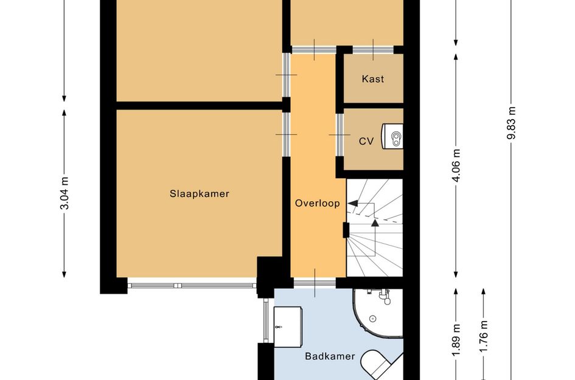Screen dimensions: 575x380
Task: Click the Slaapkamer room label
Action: click(199, 193)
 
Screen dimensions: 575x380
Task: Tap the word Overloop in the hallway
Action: click(318, 203)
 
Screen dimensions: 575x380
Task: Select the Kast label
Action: click(372, 79)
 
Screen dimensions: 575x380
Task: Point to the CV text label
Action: click(366, 141)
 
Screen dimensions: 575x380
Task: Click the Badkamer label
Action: click(330, 356)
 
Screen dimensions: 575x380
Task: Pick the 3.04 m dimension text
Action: click(64, 193)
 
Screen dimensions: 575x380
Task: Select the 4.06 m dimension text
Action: click(456, 165)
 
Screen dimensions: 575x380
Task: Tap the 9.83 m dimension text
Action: click(512, 123)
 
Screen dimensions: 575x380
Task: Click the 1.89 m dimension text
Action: click(456, 340)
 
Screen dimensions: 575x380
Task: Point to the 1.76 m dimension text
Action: click(484, 336)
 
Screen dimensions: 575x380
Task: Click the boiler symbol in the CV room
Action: click(392, 136)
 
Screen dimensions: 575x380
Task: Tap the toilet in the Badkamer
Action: click(380, 364)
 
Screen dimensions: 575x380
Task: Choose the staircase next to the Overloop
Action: click(374, 227)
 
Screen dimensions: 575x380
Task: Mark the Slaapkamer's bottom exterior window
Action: click(192, 286)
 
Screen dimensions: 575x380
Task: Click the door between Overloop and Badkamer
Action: click(315, 283)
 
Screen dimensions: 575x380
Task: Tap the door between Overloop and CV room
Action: click(340, 135)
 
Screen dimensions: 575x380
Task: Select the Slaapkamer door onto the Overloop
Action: click(287, 134)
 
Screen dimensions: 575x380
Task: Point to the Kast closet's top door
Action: click(373, 49)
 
